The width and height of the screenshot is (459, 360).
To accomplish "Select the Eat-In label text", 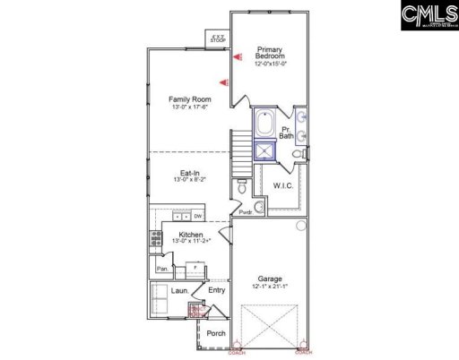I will (x=189, y=173).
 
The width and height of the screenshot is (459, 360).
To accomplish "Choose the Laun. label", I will (x=167, y=290).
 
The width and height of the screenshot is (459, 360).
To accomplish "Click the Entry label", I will (x=216, y=290).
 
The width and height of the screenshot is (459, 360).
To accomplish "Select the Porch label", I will (x=216, y=333).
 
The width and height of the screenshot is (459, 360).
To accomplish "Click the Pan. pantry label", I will (x=163, y=268).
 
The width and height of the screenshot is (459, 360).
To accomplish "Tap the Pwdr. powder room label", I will (x=245, y=211).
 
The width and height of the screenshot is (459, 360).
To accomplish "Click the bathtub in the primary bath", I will (x=264, y=124).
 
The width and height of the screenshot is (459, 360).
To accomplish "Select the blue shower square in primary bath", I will (x=265, y=150).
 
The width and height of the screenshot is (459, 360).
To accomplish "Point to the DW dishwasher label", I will (x=197, y=216).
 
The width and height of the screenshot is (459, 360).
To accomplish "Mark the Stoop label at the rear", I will (x=218, y=39).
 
